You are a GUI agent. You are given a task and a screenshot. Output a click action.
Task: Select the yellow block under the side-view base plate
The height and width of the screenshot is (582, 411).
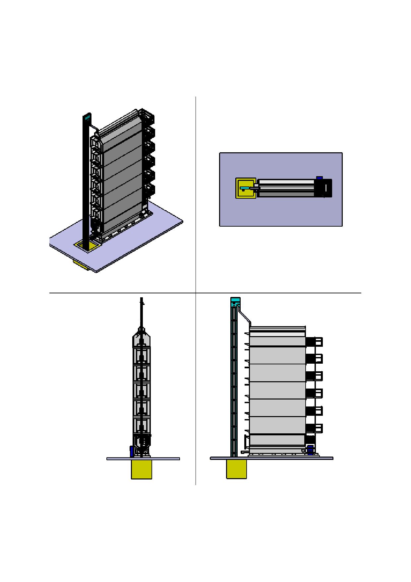click(236, 469)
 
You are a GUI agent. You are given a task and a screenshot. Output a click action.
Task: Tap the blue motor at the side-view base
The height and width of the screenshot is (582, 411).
click(310, 449)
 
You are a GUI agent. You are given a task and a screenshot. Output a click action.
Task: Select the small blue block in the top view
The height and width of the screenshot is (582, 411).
click(320, 178)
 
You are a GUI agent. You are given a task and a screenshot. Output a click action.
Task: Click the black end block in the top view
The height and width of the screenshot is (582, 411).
click(327, 188)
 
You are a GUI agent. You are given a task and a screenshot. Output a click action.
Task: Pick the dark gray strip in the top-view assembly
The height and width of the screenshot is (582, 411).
click(287, 194)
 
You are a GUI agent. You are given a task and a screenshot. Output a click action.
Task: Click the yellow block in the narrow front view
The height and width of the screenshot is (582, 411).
click(142, 469)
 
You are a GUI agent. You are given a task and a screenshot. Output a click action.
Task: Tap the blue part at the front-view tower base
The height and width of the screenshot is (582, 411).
click(132, 451)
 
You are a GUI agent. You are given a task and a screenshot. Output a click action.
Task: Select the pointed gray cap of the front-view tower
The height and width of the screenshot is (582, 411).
click(142, 337)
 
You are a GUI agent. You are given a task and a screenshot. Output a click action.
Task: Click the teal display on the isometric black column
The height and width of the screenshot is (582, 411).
click(87, 117)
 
